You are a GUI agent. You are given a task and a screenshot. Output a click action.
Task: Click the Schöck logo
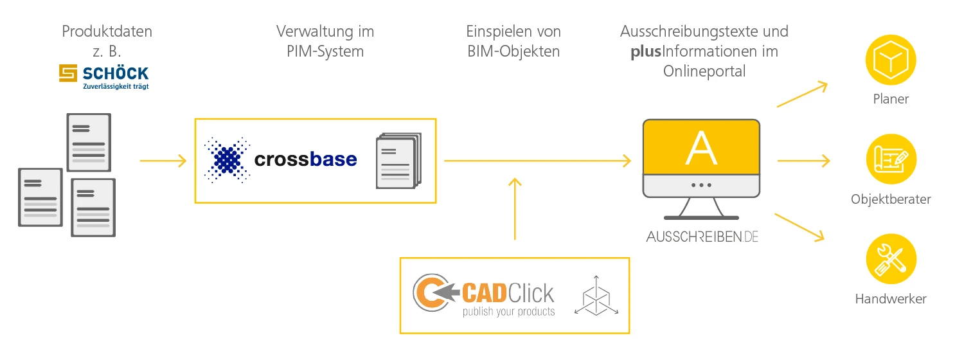(x=103, y=76)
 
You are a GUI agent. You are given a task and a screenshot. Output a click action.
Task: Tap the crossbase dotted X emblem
(x=226, y=159)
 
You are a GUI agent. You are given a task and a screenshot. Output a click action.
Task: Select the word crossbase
(x=305, y=159)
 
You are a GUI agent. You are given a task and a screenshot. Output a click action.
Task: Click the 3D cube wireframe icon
(x=596, y=295)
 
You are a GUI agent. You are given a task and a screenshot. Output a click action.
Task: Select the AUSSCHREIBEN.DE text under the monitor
(x=702, y=237)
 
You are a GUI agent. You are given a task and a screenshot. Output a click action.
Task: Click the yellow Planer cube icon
(x=890, y=60)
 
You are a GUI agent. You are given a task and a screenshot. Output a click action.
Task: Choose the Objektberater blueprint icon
(x=890, y=159)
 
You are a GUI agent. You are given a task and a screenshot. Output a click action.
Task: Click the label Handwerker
(x=890, y=299)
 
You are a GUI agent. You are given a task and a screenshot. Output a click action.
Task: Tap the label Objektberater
(x=890, y=199)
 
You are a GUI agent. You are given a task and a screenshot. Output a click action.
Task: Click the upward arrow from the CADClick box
(x=514, y=209)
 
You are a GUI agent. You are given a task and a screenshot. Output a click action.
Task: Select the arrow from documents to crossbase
(x=163, y=161)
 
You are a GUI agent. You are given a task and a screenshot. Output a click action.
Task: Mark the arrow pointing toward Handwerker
(x=799, y=227)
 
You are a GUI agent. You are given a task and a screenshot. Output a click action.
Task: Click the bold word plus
(x=645, y=51)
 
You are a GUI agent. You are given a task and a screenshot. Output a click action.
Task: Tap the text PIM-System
(x=325, y=51)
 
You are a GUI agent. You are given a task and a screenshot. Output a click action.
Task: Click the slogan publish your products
(x=508, y=312)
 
